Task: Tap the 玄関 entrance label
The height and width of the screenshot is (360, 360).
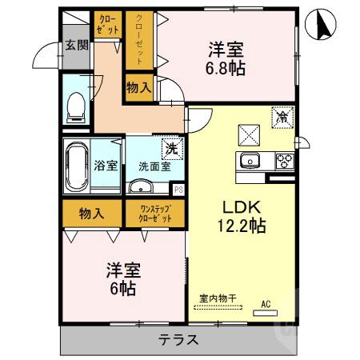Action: pyautogui.click(x=77, y=47)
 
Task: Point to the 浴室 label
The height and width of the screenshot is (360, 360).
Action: pyautogui.click(x=108, y=166)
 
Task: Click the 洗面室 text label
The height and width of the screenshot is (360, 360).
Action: pyautogui.click(x=154, y=167)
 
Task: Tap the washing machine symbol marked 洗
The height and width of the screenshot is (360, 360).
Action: pyautogui.click(x=170, y=147)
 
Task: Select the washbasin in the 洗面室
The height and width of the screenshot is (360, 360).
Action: pyautogui.click(x=142, y=187)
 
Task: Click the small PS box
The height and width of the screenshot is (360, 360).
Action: pyautogui.click(x=178, y=190)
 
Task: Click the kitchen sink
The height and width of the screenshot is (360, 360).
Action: pyautogui.click(x=250, y=159)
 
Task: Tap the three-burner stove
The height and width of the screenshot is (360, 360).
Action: pyautogui.click(x=284, y=159)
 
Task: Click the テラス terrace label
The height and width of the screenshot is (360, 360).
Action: pyautogui.click(x=178, y=338)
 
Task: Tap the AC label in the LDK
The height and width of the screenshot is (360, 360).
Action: pyautogui.click(x=266, y=304)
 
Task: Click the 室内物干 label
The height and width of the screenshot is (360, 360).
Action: pyautogui.click(x=218, y=298)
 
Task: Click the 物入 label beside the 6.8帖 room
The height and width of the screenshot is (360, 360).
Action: pyautogui.click(x=141, y=86)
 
